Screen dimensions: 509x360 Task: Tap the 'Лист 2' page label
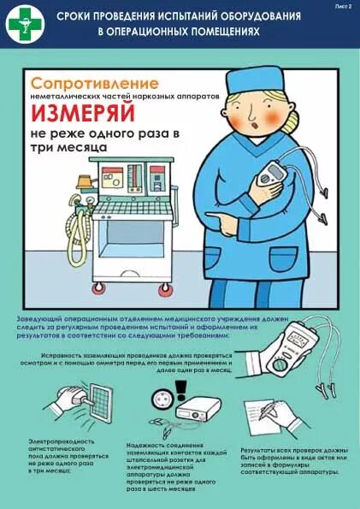coord(341,6)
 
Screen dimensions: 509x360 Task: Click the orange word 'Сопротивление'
coord(95,84)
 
